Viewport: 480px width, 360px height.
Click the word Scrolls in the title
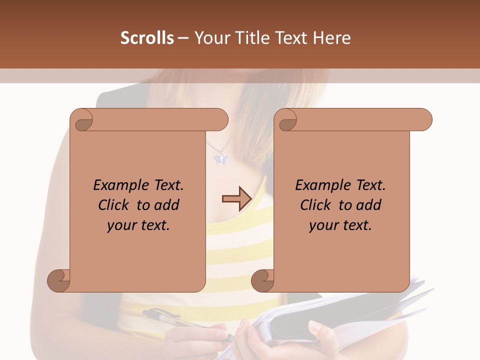tap(147, 38)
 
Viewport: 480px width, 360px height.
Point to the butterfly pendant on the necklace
tap(220, 159)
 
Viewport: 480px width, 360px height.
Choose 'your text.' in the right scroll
tap(340, 225)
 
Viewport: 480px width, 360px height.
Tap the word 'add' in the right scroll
tap(368, 205)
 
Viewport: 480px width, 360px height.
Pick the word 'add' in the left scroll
tap(166, 205)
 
